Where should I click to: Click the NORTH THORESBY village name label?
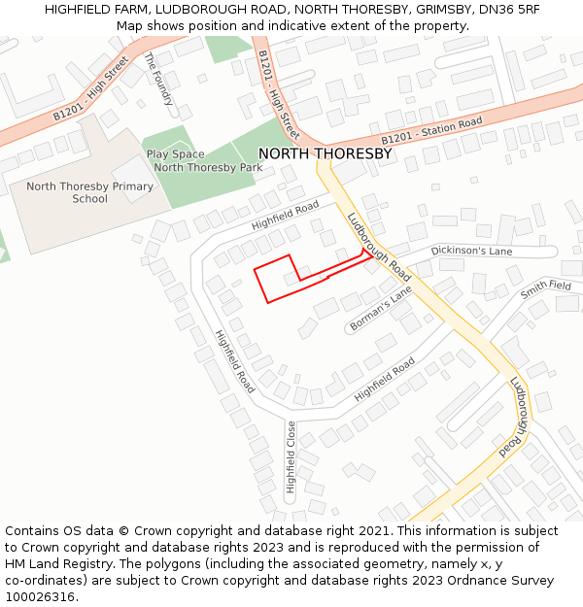[325, 153]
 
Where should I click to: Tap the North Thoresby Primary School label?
[89, 192]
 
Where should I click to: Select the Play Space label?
[175, 154]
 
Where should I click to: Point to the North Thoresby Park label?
[208, 168]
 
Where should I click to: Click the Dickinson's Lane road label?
[471, 251]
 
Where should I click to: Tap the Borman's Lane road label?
[381, 308]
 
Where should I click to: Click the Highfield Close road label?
[291, 455]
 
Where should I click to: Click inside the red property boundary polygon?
[276, 279]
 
